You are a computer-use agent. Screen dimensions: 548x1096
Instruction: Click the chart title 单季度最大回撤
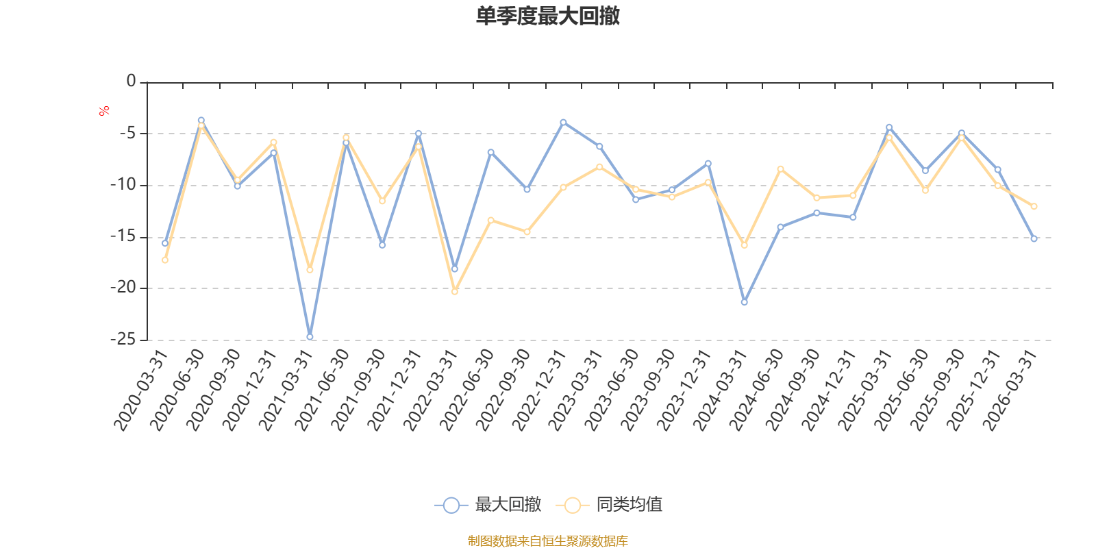(x=547, y=16)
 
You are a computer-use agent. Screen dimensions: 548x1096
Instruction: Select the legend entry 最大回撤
(x=488, y=506)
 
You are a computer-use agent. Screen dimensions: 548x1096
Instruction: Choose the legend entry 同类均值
(x=610, y=506)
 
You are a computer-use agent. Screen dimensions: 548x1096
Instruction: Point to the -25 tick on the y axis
(x=123, y=339)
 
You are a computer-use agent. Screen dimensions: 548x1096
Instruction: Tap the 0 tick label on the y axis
(x=131, y=82)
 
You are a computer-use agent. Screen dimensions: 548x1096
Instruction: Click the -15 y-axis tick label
(x=123, y=236)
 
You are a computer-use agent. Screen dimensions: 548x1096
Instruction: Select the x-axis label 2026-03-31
(x=1010, y=390)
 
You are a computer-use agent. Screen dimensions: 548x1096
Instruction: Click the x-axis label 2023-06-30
(x=612, y=390)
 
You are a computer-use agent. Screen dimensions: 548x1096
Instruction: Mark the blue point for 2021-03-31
(x=310, y=337)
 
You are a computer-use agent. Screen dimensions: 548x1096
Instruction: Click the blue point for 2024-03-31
(x=745, y=302)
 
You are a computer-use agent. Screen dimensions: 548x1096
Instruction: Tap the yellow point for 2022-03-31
(x=455, y=292)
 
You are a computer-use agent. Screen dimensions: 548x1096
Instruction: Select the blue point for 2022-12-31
(x=563, y=123)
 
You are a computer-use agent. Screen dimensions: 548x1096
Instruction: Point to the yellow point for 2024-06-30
(x=781, y=169)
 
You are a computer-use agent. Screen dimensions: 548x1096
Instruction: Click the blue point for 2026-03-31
(x=1034, y=239)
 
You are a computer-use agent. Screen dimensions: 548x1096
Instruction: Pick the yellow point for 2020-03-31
(x=165, y=260)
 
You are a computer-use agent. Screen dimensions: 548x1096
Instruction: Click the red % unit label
(x=104, y=111)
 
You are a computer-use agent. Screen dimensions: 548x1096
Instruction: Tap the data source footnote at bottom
(x=547, y=541)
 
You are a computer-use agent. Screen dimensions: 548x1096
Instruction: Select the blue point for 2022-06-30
(x=490, y=152)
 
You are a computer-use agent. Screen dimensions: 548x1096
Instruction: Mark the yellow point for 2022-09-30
(x=527, y=232)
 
